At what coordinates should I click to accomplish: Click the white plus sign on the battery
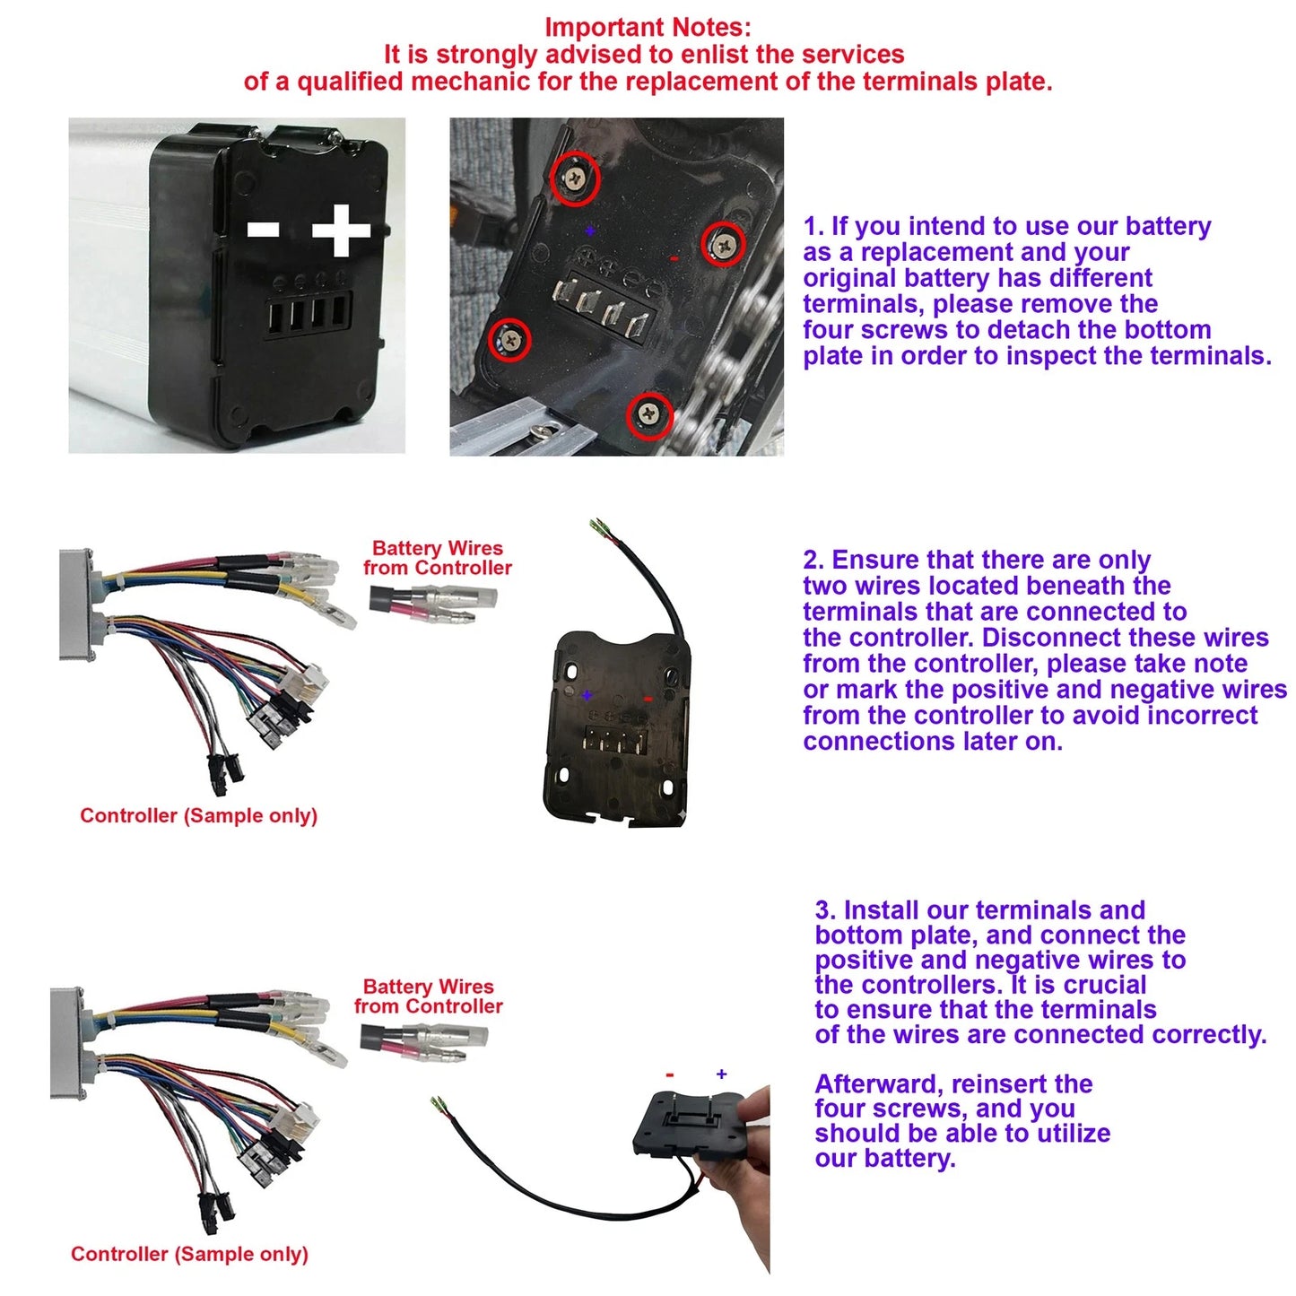341,230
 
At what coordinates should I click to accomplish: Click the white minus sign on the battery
263,230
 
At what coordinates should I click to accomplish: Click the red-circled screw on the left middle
509,339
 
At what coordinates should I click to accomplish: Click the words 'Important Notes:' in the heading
648,28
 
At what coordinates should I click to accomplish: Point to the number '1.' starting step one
813,226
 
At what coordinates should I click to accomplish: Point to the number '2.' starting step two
813,560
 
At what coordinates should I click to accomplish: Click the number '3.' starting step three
825,910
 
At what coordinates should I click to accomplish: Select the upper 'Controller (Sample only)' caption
198,815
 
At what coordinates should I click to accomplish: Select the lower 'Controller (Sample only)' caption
189,1254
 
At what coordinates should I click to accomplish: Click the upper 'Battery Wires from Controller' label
438,558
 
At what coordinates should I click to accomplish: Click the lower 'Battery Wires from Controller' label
429,996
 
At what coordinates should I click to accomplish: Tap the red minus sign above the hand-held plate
670,1074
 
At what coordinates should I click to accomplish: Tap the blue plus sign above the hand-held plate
721,1074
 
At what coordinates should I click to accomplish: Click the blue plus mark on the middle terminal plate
587,695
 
